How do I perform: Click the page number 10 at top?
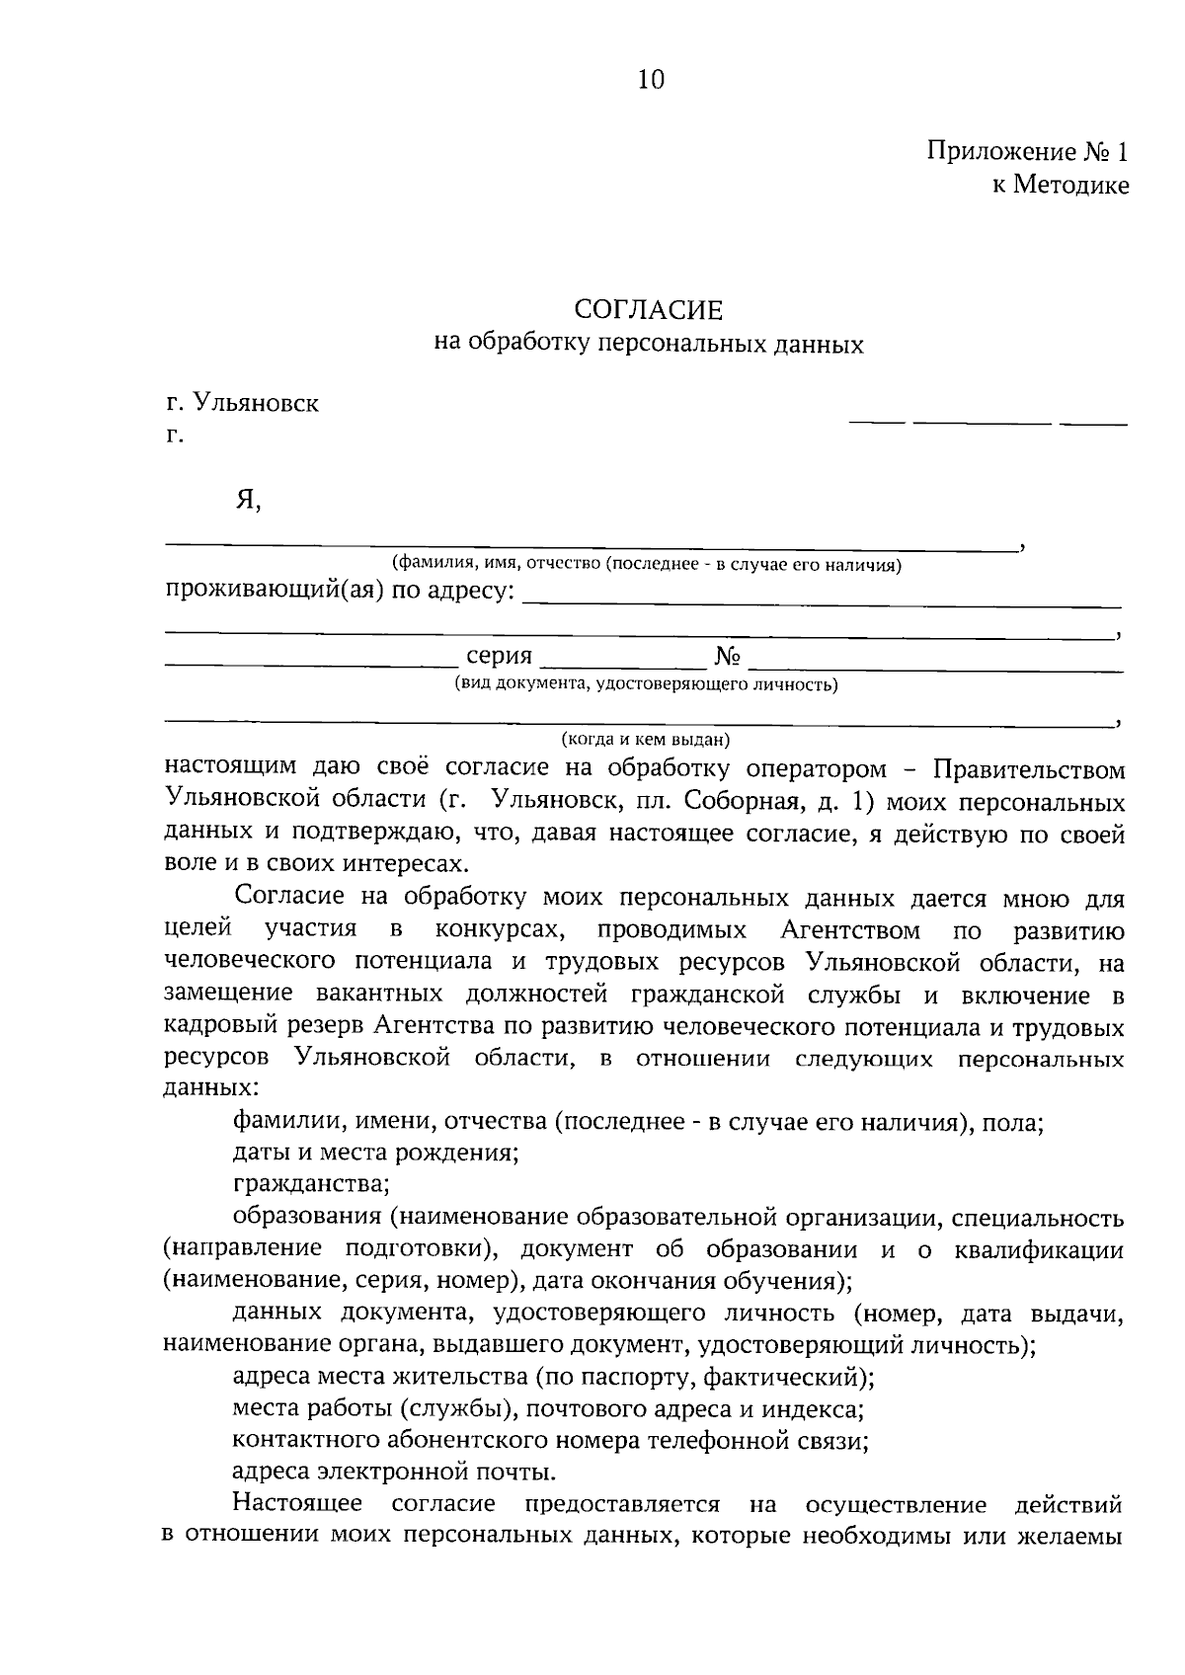pyautogui.click(x=651, y=80)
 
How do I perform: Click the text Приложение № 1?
pyautogui.click(x=1027, y=152)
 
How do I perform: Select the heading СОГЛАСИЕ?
pyautogui.click(x=649, y=310)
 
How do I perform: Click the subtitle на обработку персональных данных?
pyautogui.click(x=649, y=344)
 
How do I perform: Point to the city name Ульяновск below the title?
pyautogui.click(x=256, y=403)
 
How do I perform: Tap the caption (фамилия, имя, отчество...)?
pyautogui.click(x=647, y=565)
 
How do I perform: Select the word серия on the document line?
pyautogui.click(x=499, y=656)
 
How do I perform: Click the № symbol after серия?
pyautogui.click(x=727, y=657)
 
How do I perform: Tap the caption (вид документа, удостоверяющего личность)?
pyautogui.click(x=646, y=683)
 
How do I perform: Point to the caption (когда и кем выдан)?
pyautogui.click(x=646, y=739)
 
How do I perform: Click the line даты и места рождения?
pyautogui.click(x=375, y=1153)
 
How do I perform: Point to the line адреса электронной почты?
pyautogui.click(x=394, y=1472)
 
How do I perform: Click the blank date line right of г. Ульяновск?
pyautogui.click(x=987, y=424)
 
